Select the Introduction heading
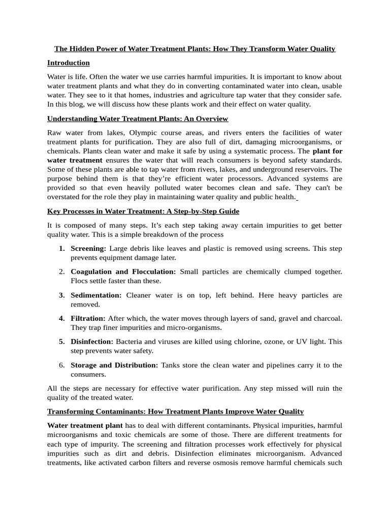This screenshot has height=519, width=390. (68, 63)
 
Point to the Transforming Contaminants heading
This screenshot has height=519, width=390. (175, 411)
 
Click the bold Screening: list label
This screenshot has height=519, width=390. (88, 248)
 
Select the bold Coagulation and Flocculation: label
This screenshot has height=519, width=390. (123, 272)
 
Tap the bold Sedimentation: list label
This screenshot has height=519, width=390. (96, 295)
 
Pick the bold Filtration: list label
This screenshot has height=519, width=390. (88, 318)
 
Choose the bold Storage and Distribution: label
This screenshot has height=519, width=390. (114, 365)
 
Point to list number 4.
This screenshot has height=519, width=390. (61, 318)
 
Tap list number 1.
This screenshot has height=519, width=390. (61, 248)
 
